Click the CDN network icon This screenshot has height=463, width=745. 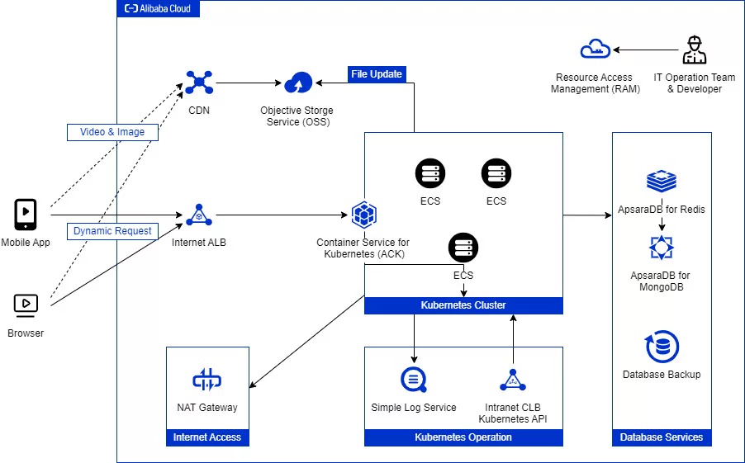pyautogui.click(x=199, y=83)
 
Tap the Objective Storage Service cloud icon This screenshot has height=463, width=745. pyautogui.click(x=297, y=83)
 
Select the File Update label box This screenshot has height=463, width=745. pyautogui.click(x=376, y=74)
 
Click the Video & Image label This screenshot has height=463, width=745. pyautogui.click(x=112, y=132)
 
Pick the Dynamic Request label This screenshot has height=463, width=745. pyautogui.click(x=112, y=231)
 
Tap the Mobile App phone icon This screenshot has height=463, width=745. pyautogui.click(x=26, y=215)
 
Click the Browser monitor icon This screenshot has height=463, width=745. pyautogui.click(x=26, y=305)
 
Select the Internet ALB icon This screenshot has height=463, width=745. pyautogui.click(x=199, y=215)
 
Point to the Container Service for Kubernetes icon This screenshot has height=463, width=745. pyautogui.click(x=363, y=215)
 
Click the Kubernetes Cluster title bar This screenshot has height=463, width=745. pyautogui.click(x=463, y=305)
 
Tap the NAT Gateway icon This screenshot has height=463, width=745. pyautogui.click(x=206, y=380)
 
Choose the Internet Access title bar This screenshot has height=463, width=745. pyautogui.click(x=206, y=437)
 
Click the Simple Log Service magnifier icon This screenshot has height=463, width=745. pyautogui.click(x=413, y=380)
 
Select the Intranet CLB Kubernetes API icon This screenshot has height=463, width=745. pyautogui.click(x=513, y=380)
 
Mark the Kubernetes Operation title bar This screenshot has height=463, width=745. pyautogui.click(x=463, y=437)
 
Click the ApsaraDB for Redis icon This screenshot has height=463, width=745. pyautogui.click(x=662, y=181)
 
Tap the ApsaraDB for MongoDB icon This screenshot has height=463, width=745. pyautogui.click(x=662, y=248)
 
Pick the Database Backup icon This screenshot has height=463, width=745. pyautogui.click(x=662, y=347)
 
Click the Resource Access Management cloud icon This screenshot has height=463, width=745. pyautogui.click(x=594, y=50)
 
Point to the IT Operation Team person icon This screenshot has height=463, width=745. pyautogui.click(x=694, y=50)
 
